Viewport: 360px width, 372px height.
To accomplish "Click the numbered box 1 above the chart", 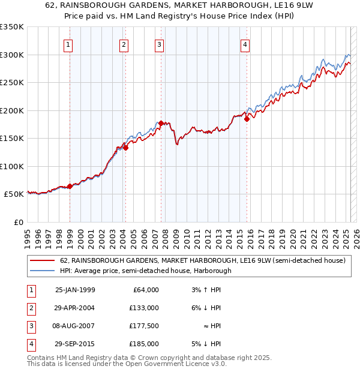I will [x=68, y=44].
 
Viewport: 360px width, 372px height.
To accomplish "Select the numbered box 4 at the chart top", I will [x=245, y=44].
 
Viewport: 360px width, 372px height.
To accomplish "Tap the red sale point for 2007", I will [x=161, y=123].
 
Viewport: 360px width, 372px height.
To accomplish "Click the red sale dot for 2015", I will [x=247, y=119].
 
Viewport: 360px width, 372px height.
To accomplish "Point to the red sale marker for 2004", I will [x=126, y=148].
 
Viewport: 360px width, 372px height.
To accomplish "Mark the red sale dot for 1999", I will [x=70, y=186].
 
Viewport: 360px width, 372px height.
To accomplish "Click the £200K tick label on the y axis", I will [x=11, y=110].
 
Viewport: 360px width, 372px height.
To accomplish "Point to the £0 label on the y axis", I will [x=17, y=222].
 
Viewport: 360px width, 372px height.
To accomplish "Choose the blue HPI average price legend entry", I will [x=145, y=271].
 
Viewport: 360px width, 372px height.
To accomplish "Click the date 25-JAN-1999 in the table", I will [x=74, y=290].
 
